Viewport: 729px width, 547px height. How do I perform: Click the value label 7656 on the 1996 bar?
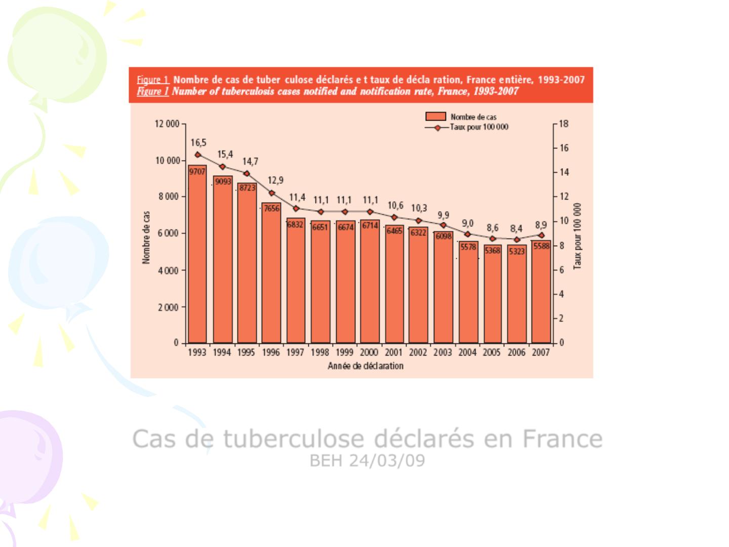pyautogui.click(x=271, y=209)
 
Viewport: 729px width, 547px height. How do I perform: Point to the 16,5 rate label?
pyautogui.click(x=198, y=143)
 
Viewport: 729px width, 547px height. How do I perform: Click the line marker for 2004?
pyautogui.click(x=468, y=234)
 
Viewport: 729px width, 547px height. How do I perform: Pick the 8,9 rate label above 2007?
pyautogui.click(x=541, y=224)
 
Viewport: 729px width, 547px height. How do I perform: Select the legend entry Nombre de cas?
pyautogui.click(x=473, y=117)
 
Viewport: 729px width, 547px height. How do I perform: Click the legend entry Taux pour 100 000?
pyautogui.click(x=478, y=127)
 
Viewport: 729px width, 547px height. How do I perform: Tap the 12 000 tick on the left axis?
pyautogui.click(x=167, y=124)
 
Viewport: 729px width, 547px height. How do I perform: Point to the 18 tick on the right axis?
pyautogui.click(x=563, y=124)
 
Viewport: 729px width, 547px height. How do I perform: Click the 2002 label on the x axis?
pyautogui.click(x=418, y=353)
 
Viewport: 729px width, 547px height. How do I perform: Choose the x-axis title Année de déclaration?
pyautogui.click(x=366, y=366)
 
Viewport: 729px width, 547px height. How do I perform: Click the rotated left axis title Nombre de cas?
pyautogui.click(x=146, y=238)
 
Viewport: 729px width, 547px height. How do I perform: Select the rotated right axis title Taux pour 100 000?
pyautogui.click(x=578, y=236)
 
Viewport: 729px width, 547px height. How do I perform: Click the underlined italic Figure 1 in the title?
pyautogui.click(x=152, y=92)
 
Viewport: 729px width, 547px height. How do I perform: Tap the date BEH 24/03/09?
pyautogui.click(x=368, y=461)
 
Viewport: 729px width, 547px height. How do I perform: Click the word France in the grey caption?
pyautogui.click(x=562, y=439)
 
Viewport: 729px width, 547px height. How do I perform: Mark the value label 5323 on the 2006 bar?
pyautogui.click(x=517, y=251)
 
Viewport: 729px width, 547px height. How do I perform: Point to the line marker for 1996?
pyautogui.click(x=272, y=193)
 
